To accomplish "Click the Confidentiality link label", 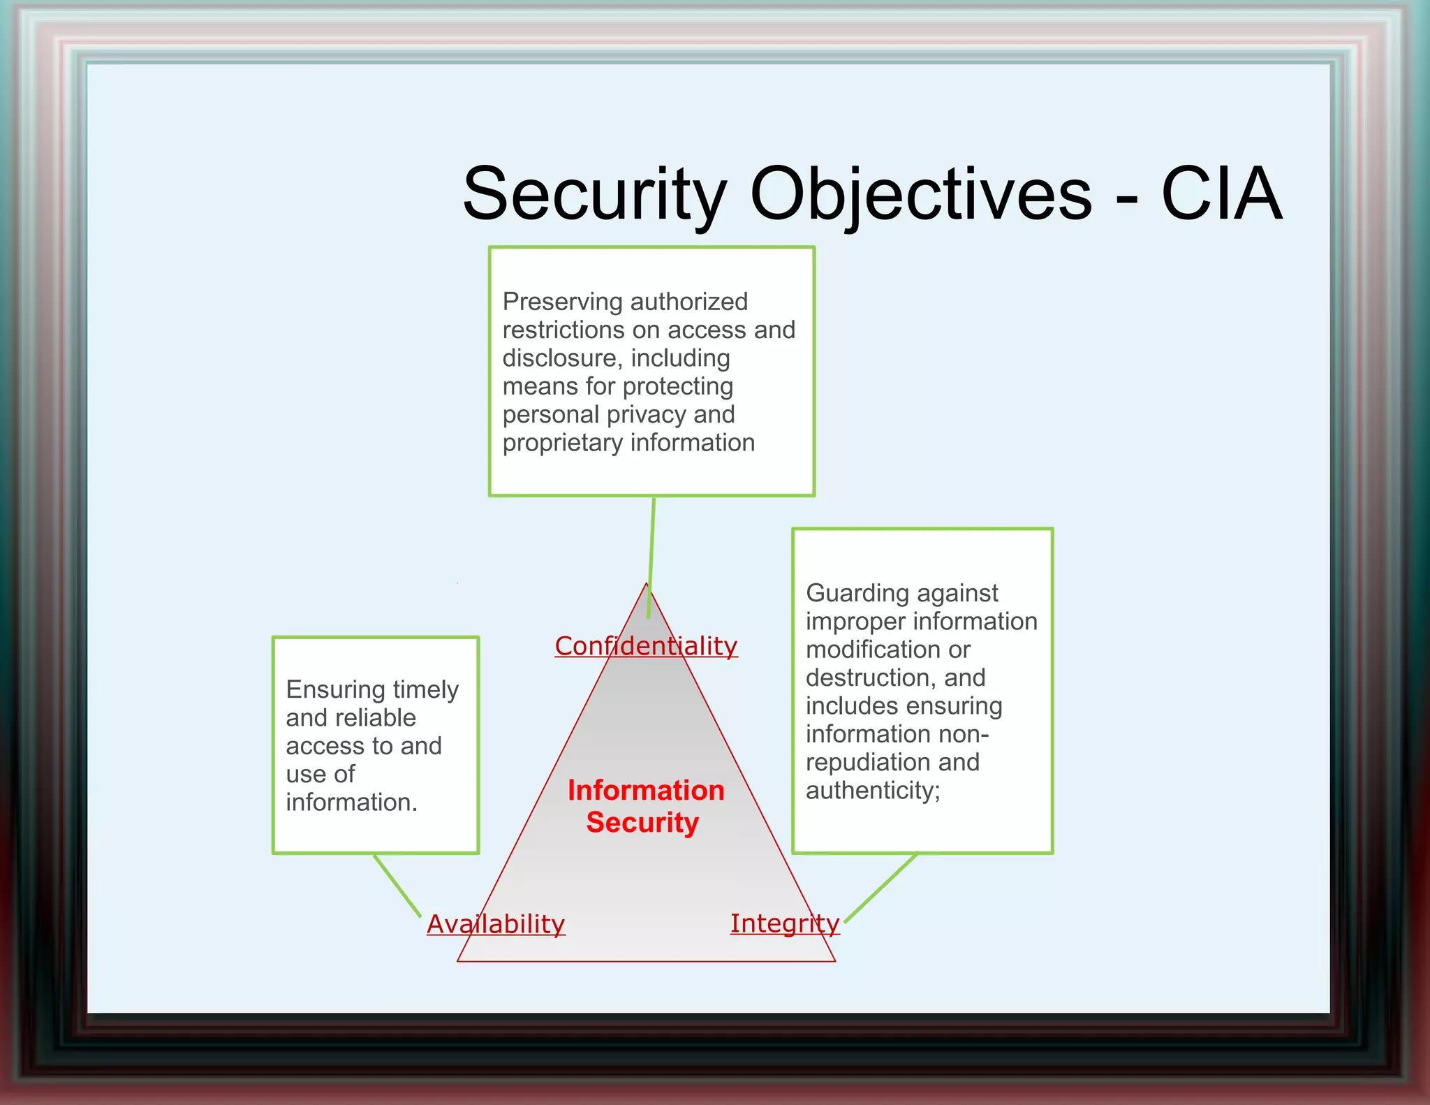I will point(646,646).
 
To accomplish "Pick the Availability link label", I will point(496,924).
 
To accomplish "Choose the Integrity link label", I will point(785,923).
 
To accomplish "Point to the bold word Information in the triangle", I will point(646,790).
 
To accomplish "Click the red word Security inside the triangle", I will point(642,822).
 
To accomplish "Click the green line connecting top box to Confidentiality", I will point(651,552).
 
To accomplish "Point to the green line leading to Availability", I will point(397,884).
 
